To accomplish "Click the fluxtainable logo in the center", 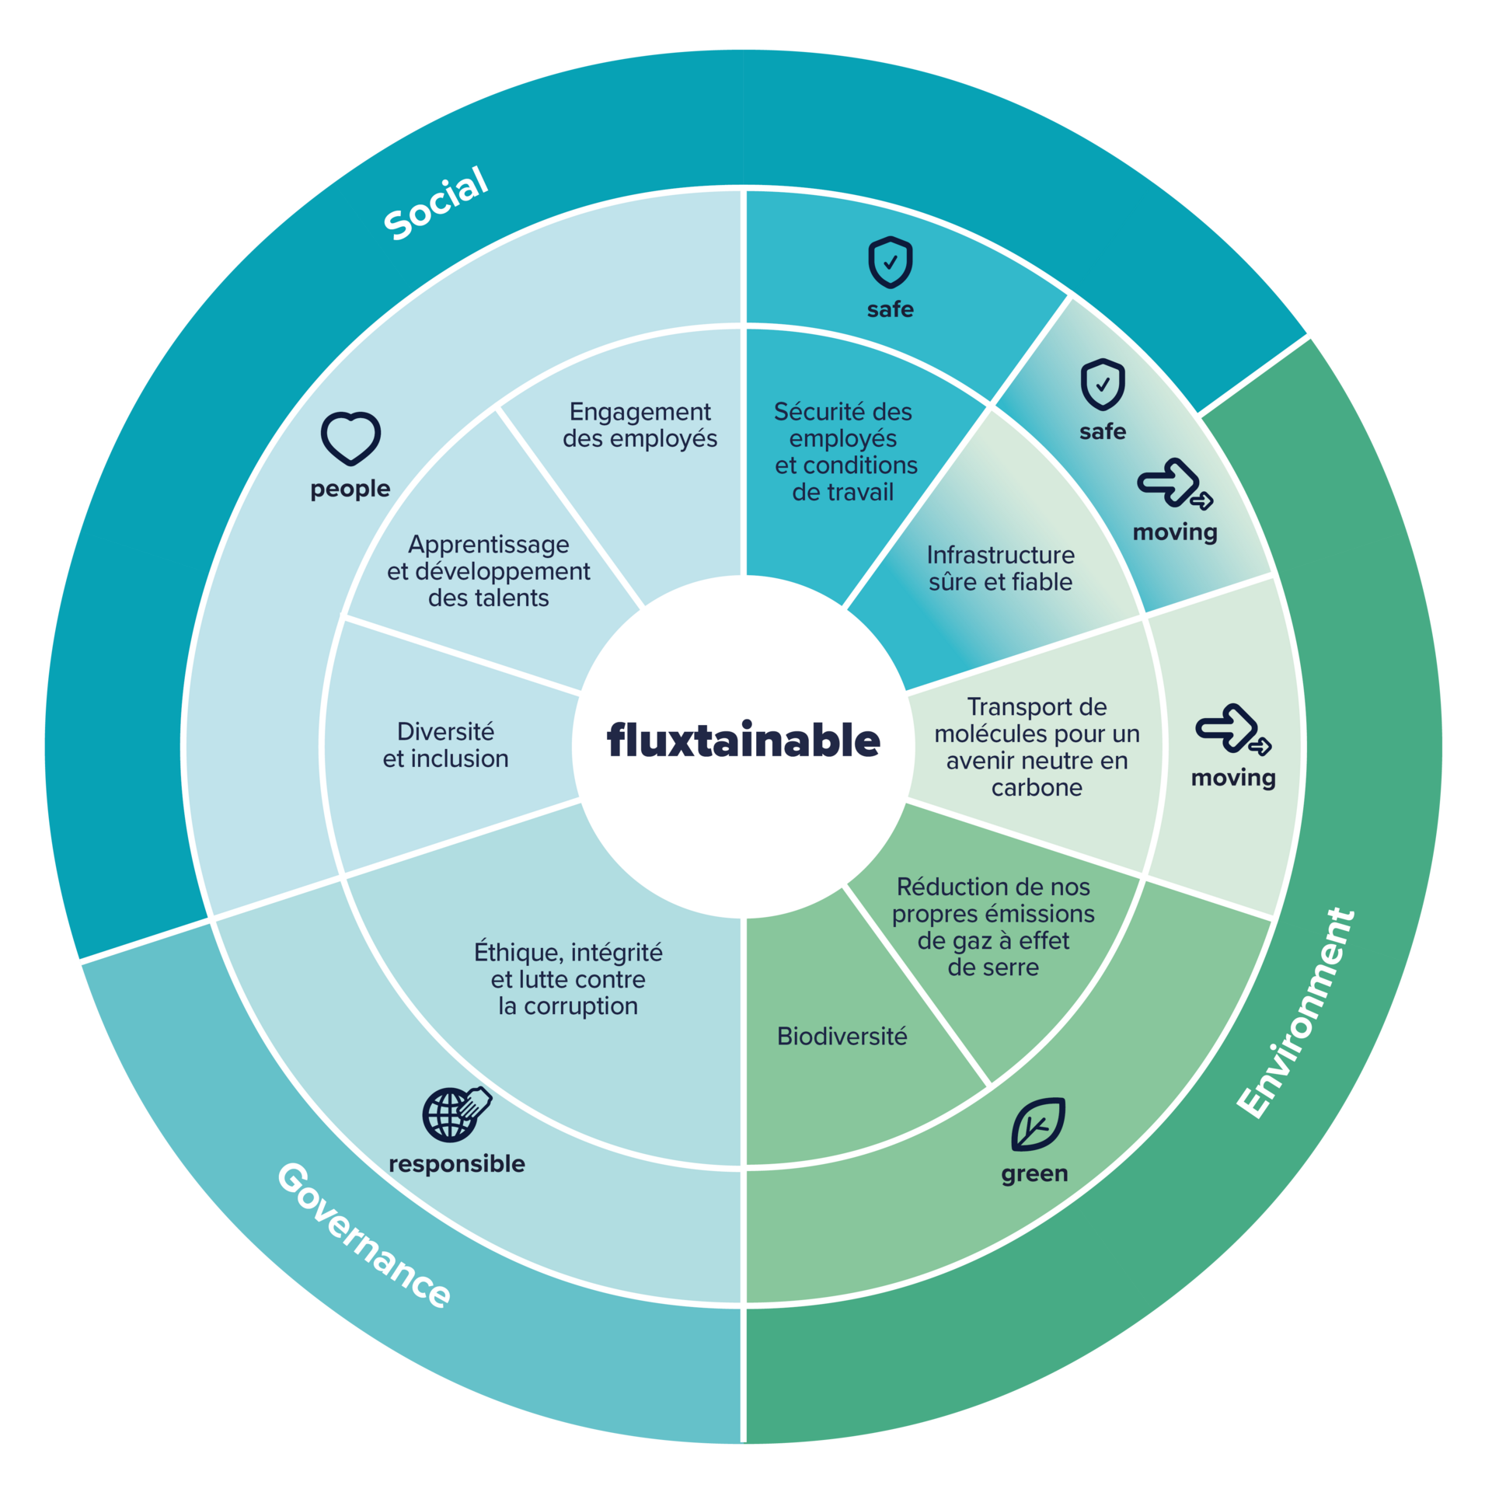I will click(x=743, y=740).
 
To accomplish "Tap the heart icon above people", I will click(x=350, y=438).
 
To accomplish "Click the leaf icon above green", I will click(x=1037, y=1124).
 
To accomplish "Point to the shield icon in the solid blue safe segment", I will click(x=890, y=263).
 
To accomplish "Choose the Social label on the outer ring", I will click(x=436, y=204).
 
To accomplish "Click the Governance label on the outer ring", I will click(x=364, y=1236).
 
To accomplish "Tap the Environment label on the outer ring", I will click(x=1296, y=1013).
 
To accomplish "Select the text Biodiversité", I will click(x=842, y=1036).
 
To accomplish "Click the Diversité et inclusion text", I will click(x=445, y=744).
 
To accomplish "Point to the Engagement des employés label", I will click(x=640, y=425).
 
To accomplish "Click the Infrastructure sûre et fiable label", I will click(x=1000, y=568).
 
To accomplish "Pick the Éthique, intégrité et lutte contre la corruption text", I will click(x=568, y=978).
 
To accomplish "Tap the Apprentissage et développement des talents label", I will click(x=488, y=570).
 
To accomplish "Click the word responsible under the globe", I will click(x=456, y=1163).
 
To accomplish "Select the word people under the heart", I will click(x=350, y=489).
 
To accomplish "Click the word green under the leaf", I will click(x=1034, y=1173).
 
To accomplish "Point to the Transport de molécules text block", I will click(x=1037, y=746).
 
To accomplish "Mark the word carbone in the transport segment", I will click(x=1037, y=787).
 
